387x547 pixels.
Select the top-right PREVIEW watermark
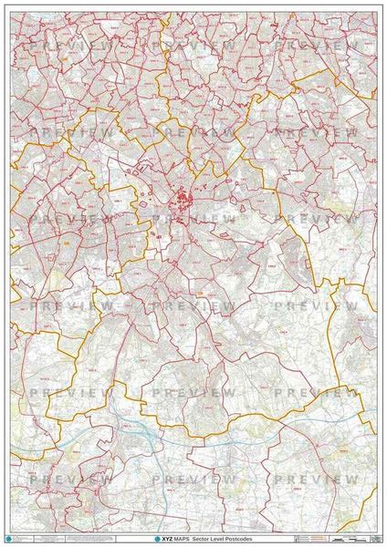(x=316, y=45)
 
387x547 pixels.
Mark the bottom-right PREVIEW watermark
(x=316, y=479)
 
